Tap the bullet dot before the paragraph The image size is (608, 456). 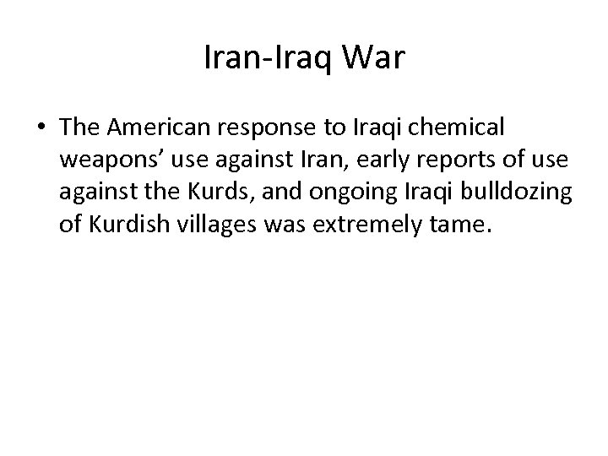pyautogui.click(x=40, y=128)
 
